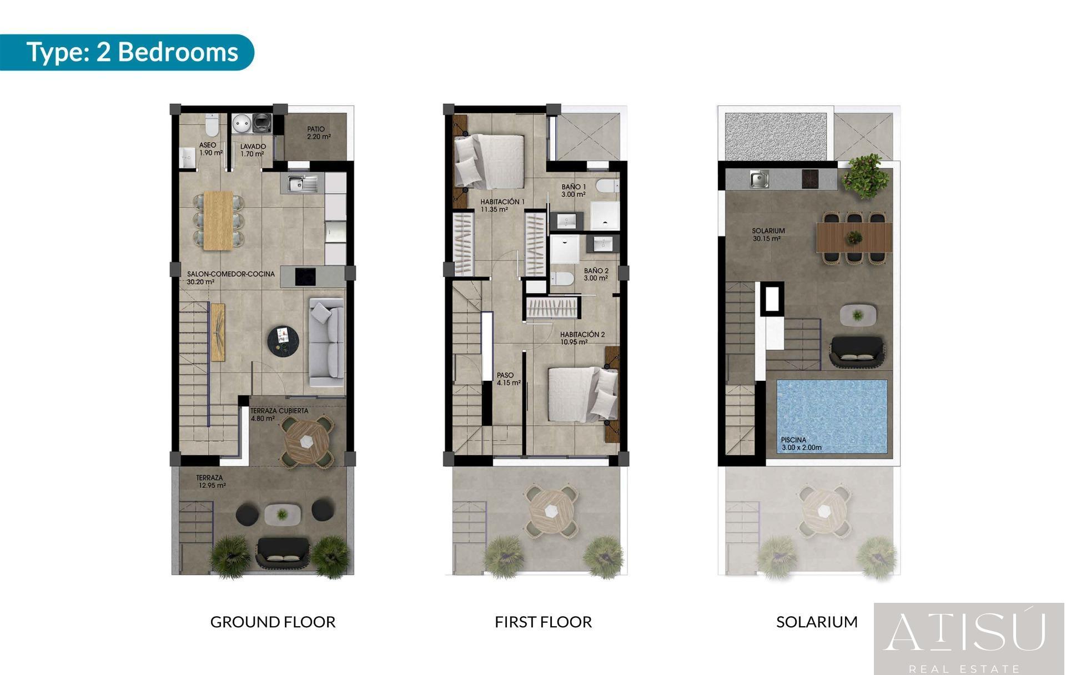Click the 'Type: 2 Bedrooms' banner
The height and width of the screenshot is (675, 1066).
[127, 52]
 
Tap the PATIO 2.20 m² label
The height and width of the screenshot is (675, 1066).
[319, 133]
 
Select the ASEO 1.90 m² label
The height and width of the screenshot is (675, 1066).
[210, 149]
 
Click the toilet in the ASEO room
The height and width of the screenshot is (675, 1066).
[212, 125]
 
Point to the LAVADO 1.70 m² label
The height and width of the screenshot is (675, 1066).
[253, 150]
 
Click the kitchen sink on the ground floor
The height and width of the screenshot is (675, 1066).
[303, 183]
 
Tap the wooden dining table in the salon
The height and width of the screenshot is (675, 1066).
[218, 220]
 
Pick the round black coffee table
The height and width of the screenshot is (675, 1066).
[283, 340]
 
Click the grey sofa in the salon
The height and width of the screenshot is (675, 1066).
[326, 342]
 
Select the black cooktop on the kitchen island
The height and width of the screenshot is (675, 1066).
[305, 276]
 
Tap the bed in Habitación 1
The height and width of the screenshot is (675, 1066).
[489, 161]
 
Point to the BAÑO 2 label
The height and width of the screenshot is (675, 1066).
[596, 274]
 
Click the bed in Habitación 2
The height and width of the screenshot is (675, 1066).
[583, 394]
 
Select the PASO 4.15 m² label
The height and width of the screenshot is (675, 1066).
[509, 379]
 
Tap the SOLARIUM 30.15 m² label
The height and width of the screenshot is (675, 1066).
[768, 235]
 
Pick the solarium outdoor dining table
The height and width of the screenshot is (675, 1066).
[854, 238]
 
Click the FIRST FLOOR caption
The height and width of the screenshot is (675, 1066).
[543, 622]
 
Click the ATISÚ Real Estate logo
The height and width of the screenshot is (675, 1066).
[969, 639]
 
